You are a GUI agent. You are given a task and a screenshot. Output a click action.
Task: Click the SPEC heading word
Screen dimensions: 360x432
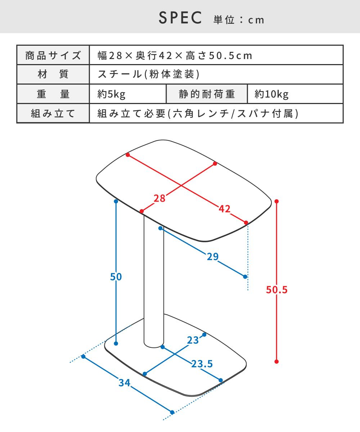pos(180,18)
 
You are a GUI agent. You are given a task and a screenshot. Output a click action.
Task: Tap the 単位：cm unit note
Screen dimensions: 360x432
pos(239,20)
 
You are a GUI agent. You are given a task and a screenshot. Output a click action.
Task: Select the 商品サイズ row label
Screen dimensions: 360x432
pos(53,55)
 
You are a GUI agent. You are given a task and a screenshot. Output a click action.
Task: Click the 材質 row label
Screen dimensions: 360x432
pos(53,74)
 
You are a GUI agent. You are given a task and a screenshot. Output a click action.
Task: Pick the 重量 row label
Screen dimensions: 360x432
pos(53,94)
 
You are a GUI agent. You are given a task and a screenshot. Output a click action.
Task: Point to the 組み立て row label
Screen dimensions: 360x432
pos(53,113)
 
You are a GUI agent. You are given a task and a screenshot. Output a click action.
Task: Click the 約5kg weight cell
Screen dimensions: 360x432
pos(111,94)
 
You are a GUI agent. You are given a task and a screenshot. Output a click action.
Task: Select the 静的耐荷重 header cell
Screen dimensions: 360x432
pos(207,94)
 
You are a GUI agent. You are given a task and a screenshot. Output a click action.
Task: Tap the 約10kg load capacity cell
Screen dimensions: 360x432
pos(271,94)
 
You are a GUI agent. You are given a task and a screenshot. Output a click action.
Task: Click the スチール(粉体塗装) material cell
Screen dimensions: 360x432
pos(149,74)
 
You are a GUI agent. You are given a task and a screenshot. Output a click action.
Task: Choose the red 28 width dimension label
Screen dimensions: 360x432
pos(159,198)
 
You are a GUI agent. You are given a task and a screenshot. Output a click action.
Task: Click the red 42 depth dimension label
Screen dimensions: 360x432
pos(225,209)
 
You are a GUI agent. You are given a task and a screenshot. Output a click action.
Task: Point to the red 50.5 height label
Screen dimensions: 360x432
pos(276,290)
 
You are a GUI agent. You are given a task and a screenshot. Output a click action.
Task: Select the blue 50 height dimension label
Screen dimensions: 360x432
pos(116,277)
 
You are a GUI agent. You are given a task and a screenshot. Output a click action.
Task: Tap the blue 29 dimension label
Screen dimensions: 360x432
pos(213,257)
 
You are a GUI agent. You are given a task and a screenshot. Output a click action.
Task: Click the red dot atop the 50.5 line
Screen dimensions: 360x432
pos(276,201)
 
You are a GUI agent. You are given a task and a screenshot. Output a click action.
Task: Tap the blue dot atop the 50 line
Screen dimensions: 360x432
pos(116,201)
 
